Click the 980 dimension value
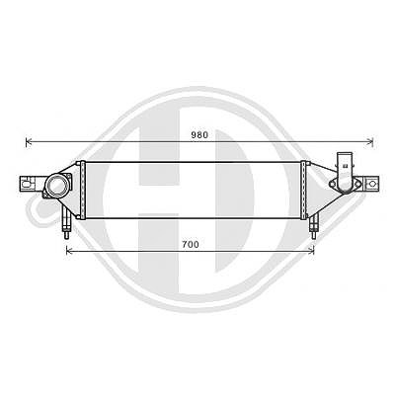199,135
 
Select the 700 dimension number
191,245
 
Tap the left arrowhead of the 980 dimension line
29,142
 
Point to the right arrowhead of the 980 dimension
370,142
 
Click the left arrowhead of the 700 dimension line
69,251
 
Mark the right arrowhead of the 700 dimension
311,251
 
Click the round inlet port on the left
58,186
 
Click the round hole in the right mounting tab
372,184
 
